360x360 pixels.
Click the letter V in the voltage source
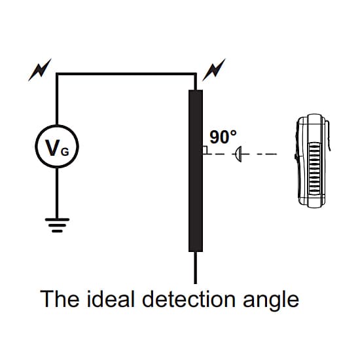point(52,147)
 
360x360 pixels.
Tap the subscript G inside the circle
point(65,152)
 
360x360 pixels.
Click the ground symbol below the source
point(57,225)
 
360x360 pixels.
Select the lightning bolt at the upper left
point(40,70)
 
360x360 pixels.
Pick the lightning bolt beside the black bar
point(214,70)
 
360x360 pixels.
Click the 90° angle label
point(223,137)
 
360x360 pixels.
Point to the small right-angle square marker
point(206,150)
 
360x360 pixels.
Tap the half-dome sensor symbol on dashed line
point(238,154)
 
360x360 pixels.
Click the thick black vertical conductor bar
point(196,171)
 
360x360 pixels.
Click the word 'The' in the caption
point(60,298)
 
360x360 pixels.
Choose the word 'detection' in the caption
point(189,298)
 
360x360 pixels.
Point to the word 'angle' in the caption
point(271,301)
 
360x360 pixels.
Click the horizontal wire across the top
point(126,74)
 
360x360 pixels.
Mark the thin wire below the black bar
point(196,268)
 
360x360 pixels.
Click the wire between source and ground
point(57,193)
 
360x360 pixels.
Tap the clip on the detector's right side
point(329,135)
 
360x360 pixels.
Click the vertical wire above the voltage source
point(57,99)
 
